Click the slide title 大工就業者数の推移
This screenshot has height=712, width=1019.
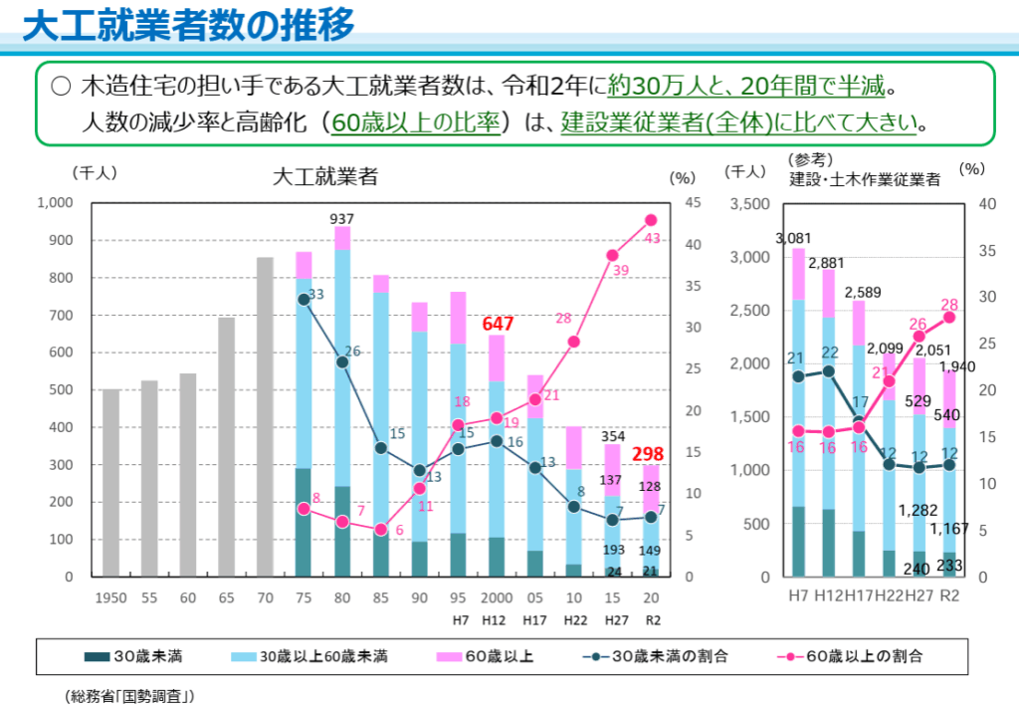coord(189,26)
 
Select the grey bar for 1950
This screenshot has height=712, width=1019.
coord(110,483)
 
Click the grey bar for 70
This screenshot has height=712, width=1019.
coord(265,416)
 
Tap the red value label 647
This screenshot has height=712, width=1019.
coord(498,324)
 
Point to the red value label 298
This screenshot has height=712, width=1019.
coord(650,454)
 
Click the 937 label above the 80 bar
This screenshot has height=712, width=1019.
coord(342,218)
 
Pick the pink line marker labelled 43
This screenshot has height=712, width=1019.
coord(651,221)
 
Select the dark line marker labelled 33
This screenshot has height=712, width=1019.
coord(304,299)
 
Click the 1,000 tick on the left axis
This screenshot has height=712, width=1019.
coord(56,203)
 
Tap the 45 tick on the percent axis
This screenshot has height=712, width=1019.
coord(685,203)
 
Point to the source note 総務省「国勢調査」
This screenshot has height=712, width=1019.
coord(130,695)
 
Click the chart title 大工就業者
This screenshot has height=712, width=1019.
coord(325,177)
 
